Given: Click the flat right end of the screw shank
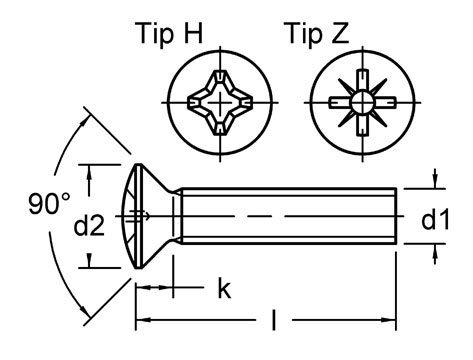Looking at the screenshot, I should pyautogui.click(x=397, y=215).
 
